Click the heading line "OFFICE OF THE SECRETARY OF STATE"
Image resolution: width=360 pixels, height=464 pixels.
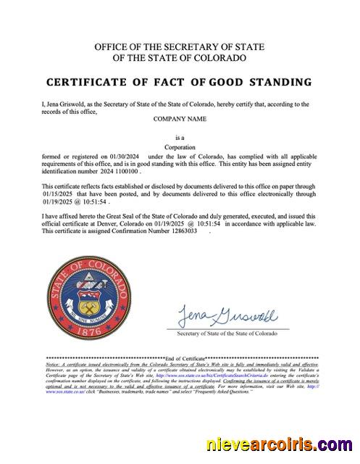[180, 47]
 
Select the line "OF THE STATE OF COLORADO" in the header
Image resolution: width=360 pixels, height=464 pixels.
[180, 57]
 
